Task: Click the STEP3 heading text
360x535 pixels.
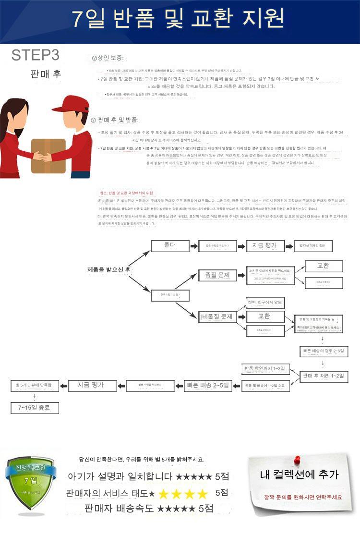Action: coord(36,55)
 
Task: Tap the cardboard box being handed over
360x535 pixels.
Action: coord(48,155)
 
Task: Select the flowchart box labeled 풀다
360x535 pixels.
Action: coord(170,245)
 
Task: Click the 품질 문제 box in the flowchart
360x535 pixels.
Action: coord(217,275)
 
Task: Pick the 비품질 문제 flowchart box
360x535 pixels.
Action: coord(217,316)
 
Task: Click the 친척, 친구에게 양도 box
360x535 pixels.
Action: coord(264,302)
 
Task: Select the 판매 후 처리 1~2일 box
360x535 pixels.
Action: coord(324,376)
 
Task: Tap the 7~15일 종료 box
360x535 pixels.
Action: coord(35,408)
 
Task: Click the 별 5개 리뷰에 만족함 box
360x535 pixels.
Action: coord(35,385)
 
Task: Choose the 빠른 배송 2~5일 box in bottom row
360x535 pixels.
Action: coord(208,385)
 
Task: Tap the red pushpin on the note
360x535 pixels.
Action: coord(297,460)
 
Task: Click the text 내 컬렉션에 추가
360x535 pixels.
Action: coord(299,475)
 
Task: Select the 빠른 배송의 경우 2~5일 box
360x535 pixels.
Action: coord(324,352)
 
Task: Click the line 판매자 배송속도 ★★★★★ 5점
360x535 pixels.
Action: coord(148,508)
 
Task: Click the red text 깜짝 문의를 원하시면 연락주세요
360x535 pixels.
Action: coord(303,497)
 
